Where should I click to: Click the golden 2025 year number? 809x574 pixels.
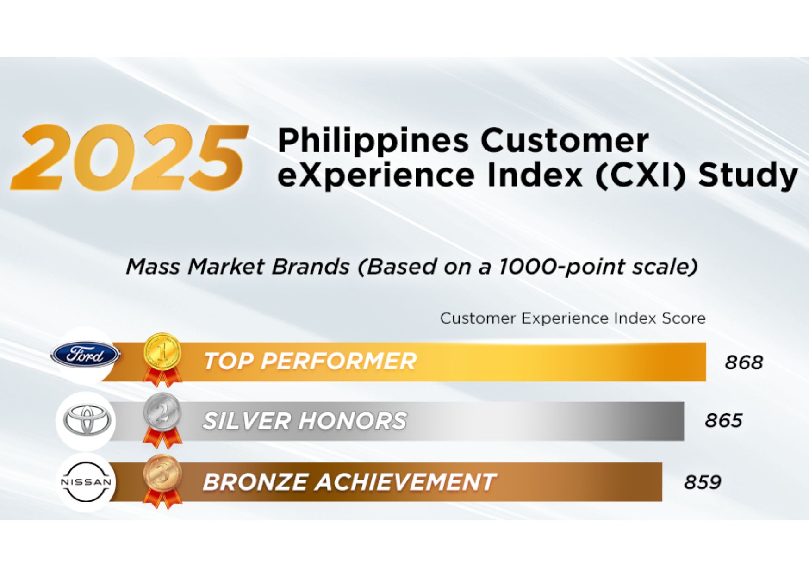(x=129, y=158)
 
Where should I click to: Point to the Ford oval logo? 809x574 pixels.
(x=86, y=355)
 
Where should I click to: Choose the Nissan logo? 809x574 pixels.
(x=87, y=482)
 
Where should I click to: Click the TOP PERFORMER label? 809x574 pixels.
(x=310, y=361)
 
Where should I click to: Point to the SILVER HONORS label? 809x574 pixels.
(x=305, y=421)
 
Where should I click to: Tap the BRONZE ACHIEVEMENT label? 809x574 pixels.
(x=349, y=482)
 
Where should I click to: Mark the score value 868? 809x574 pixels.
(x=744, y=362)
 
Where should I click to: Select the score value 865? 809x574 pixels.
(x=723, y=421)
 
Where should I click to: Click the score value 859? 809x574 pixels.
(x=703, y=482)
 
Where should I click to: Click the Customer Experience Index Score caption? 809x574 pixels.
(x=573, y=318)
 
